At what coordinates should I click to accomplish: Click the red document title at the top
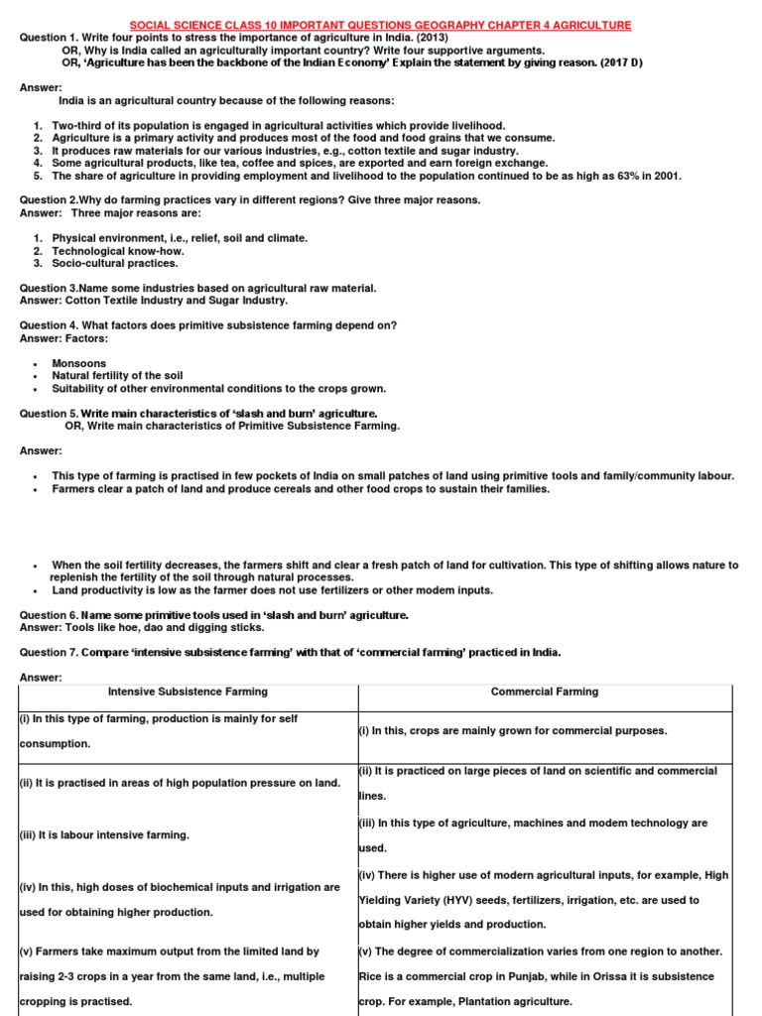[381, 25]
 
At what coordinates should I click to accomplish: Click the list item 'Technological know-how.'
[118, 251]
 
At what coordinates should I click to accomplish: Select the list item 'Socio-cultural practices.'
[115, 264]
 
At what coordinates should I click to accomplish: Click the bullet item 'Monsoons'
[78, 364]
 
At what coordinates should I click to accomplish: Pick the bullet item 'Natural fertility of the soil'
[117, 376]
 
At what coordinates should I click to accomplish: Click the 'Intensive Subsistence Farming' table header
[188, 692]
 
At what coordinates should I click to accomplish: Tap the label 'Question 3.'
[49, 288]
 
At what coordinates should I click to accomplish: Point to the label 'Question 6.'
[49, 615]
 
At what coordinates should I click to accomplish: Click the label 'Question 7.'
[49, 653]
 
